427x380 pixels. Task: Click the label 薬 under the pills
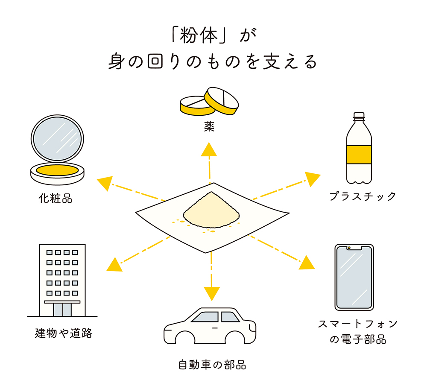pyautogui.click(x=209, y=128)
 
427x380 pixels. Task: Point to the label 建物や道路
pyautogui.click(x=63, y=333)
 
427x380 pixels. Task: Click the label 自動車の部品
pyautogui.click(x=212, y=365)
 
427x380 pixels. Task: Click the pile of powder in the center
pyautogui.click(x=211, y=209)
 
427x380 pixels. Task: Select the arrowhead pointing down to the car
pyautogui.click(x=211, y=293)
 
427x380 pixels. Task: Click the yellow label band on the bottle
pyautogui.click(x=359, y=155)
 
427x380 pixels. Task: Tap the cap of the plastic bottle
pyautogui.click(x=359, y=115)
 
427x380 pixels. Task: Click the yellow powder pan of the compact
pyautogui.click(x=57, y=171)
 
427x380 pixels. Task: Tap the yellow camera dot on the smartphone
pyautogui.click(x=349, y=248)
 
